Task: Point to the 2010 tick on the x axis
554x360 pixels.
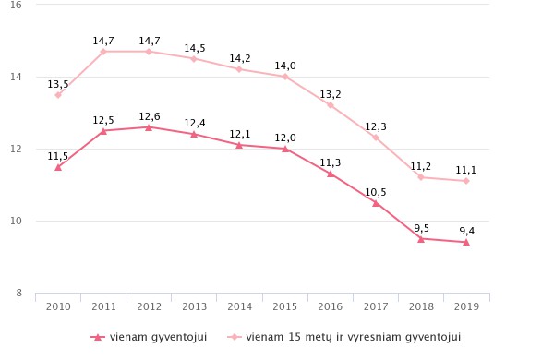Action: (x=58, y=306)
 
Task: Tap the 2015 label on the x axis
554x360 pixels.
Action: (x=285, y=306)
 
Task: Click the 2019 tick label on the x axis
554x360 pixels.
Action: (x=466, y=306)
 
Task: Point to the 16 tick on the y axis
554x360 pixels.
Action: (x=16, y=6)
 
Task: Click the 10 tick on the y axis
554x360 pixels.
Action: (x=16, y=221)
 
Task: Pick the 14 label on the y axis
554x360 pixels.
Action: (x=16, y=78)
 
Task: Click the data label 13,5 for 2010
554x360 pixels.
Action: (x=58, y=84)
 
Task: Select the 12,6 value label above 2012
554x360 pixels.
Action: (x=150, y=116)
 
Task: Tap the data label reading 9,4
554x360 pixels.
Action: (x=466, y=232)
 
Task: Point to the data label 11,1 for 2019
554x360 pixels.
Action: (x=466, y=170)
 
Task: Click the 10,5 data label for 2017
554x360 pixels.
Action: (x=376, y=192)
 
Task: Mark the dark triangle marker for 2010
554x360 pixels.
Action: (x=58, y=167)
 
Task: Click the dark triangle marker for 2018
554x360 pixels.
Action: (x=421, y=238)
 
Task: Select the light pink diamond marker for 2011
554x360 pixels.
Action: (x=103, y=52)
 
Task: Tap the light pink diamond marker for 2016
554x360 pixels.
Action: (x=331, y=105)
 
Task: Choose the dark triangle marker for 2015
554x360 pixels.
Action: (x=285, y=149)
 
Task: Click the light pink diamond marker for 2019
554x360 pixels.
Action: (x=466, y=181)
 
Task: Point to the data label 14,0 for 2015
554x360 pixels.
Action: (x=285, y=66)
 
